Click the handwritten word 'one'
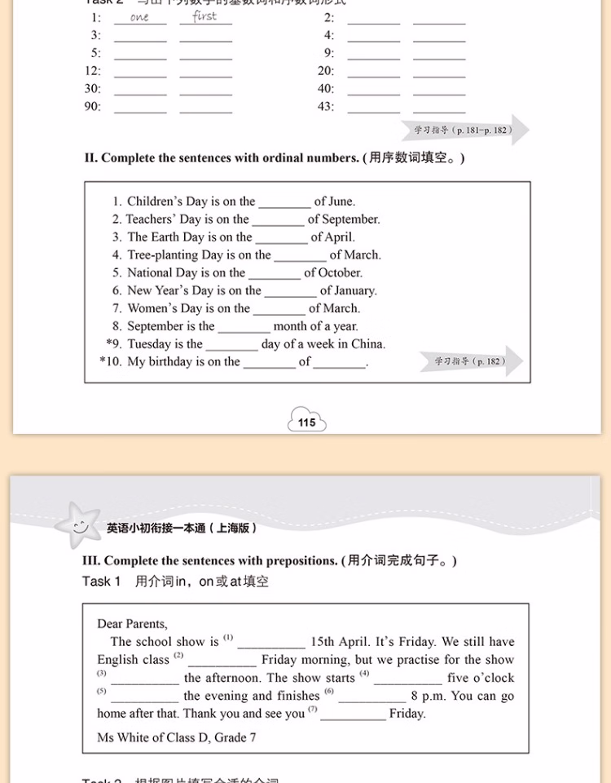pos(139,18)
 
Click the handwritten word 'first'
pos(204,16)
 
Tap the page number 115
pos(307,422)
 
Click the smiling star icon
pos(79,526)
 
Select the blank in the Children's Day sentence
pos(284,202)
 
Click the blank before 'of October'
pos(275,273)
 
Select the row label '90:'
pos(93,107)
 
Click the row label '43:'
pos(326,107)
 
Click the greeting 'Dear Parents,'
pos(133,624)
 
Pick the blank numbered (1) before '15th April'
pos(271,643)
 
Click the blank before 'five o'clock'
pos(408,679)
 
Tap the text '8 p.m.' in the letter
pos(429,697)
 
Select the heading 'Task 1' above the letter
pos(101,582)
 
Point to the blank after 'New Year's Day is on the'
pos(290,291)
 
